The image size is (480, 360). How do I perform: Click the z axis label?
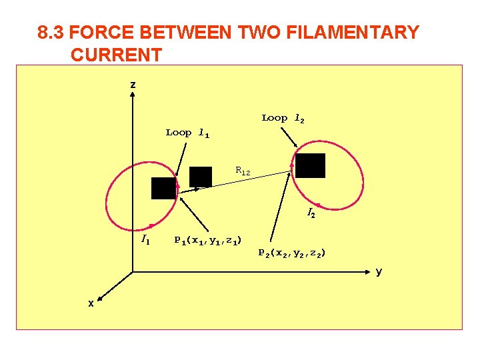point(133,85)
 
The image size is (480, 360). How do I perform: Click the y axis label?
point(379,271)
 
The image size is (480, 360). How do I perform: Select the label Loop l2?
point(283,118)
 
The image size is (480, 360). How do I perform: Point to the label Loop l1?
point(187,133)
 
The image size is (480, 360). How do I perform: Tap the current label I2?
point(311,213)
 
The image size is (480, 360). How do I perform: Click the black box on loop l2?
point(310,165)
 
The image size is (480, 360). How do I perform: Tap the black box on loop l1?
point(163,189)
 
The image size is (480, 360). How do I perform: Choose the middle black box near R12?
point(201,177)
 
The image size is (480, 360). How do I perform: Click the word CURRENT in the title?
point(116,55)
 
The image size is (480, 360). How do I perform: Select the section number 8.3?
point(51,32)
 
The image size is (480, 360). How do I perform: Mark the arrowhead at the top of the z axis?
point(133,94)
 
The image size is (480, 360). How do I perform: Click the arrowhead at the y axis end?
point(368,271)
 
